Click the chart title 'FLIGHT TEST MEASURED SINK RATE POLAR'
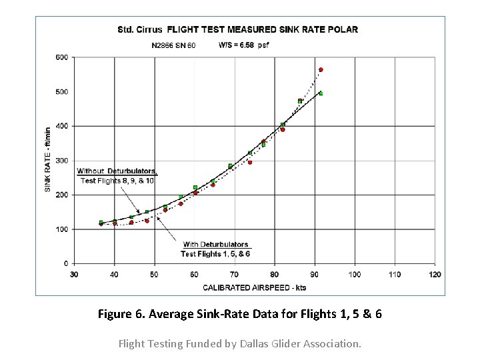click(x=262, y=29)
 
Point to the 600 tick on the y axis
click(x=61, y=57)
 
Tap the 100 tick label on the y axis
click(x=61, y=229)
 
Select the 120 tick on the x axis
click(x=434, y=274)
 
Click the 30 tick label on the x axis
click(x=74, y=274)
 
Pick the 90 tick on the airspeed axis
click(x=314, y=274)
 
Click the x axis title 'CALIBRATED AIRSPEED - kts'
click(x=254, y=287)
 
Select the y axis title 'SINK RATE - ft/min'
click(x=48, y=160)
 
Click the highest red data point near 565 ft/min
click(x=321, y=69)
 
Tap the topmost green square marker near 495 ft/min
click(x=321, y=93)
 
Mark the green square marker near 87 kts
click(x=300, y=101)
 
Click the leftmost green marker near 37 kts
click(x=101, y=223)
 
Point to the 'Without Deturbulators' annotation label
click(x=117, y=171)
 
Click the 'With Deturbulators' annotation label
click(x=215, y=245)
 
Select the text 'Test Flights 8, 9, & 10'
click(x=117, y=181)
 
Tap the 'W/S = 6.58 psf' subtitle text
click(x=243, y=45)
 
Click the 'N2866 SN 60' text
click(x=173, y=45)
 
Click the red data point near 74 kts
click(x=250, y=162)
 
